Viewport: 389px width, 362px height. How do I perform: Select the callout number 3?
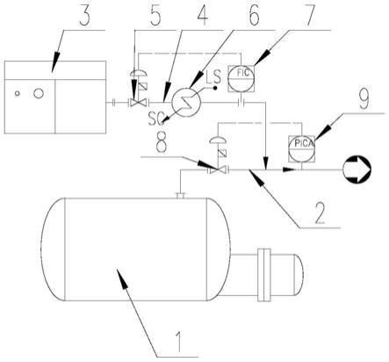84,15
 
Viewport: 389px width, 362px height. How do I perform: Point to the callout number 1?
178,341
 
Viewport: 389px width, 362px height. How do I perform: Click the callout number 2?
320,213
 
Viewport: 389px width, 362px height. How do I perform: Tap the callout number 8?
162,143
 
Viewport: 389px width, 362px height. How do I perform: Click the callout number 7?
307,15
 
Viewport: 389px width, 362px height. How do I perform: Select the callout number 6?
254,15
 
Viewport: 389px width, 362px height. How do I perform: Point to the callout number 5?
155,15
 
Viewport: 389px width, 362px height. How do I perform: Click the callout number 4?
201,15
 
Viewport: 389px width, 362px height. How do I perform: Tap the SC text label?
155,119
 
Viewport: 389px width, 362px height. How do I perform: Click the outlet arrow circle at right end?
357,170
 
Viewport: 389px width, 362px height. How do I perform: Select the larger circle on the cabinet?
39,93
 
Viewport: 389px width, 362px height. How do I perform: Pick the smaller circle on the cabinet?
18,93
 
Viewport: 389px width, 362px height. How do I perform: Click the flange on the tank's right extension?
263,275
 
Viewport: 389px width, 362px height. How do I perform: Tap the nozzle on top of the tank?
181,195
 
